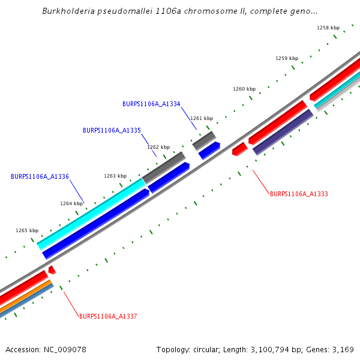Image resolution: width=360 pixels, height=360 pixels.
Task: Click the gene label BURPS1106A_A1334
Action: (x=151, y=104)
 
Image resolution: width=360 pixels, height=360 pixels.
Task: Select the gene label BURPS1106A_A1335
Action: (x=112, y=130)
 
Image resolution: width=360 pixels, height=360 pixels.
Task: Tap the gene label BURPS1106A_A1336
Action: (x=40, y=176)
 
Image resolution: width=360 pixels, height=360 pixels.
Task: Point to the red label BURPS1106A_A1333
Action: (x=299, y=194)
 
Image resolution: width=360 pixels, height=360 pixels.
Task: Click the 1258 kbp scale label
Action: (x=328, y=28)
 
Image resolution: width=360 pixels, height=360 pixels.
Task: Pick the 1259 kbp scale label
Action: (x=287, y=58)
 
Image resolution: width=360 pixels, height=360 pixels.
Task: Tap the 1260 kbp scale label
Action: (x=244, y=89)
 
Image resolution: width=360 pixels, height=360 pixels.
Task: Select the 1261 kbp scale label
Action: (x=202, y=118)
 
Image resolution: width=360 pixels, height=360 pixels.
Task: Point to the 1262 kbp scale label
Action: (x=158, y=147)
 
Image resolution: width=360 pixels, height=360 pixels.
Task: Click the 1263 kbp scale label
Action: (x=115, y=176)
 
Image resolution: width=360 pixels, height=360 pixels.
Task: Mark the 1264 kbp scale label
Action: (x=71, y=203)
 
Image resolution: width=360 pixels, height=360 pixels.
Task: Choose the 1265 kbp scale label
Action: (x=27, y=230)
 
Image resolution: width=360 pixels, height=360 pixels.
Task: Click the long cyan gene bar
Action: (x=90, y=213)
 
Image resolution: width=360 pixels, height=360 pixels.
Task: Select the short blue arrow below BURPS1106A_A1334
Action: (x=209, y=151)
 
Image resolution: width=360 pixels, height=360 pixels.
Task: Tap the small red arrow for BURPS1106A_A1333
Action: (x=239, y=149)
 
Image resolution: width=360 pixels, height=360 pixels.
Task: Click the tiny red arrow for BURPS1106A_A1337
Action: (x=52, y=270)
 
